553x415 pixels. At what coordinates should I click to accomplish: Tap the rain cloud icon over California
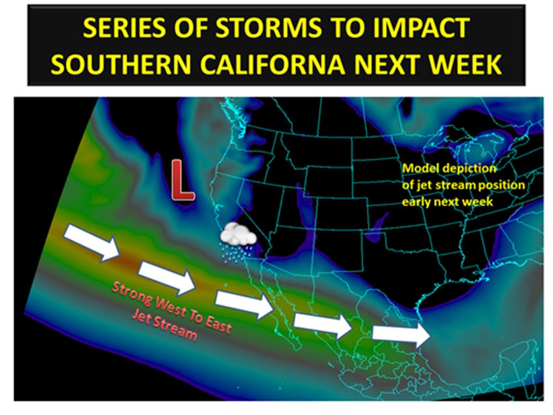tap(238, 243)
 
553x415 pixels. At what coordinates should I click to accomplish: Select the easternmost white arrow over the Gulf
tap(401, 333)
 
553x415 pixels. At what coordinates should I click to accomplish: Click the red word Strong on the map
tap(133, 294)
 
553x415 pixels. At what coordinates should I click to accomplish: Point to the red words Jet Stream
tap(164, 326)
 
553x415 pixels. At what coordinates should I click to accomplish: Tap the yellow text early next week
tap(447, 202)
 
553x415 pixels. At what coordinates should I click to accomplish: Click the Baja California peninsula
tap(279, 310)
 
